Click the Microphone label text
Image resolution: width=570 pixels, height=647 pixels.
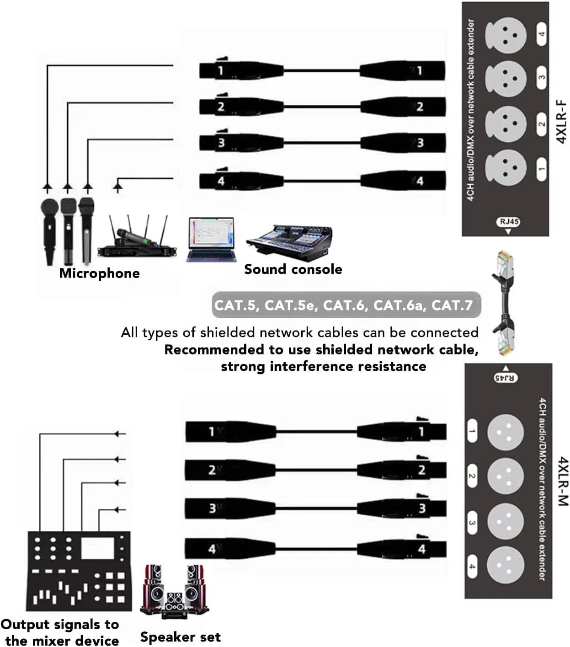[99, 273]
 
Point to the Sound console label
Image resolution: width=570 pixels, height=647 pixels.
[293, 269]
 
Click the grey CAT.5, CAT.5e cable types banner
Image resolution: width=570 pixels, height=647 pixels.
[346, 305]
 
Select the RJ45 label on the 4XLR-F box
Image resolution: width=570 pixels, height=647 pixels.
[508, 222]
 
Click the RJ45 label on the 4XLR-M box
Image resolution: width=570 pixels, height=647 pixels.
[506, 378]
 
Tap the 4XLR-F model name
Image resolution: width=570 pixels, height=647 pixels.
[562, 121]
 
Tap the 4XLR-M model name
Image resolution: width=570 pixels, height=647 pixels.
[563, 481]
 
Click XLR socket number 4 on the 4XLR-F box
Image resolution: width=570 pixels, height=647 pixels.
[506, 35]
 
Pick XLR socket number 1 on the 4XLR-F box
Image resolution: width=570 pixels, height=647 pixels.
[506, 167]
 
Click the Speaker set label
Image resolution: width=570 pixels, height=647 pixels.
[180, 637]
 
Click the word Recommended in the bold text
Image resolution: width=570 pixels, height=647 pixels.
[214, 350]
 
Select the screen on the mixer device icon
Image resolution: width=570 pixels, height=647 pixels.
[97, 548]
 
